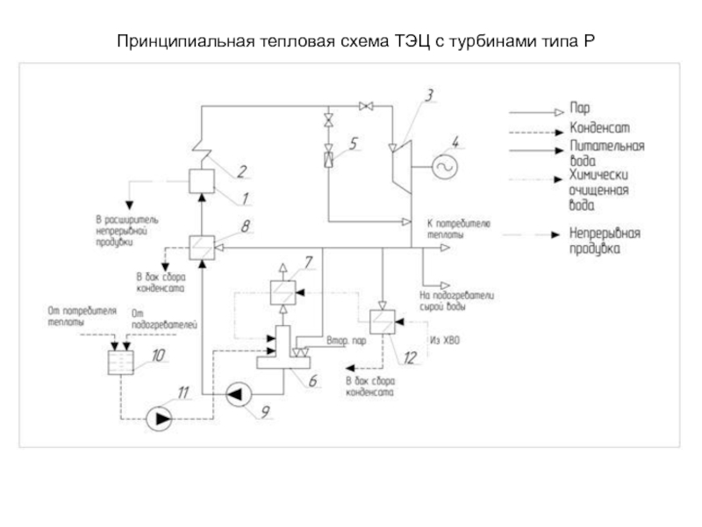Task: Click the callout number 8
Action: click(245, 226)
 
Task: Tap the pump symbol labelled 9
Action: click(237, 396)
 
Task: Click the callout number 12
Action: click(410, 357)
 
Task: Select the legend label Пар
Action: click(580, 110)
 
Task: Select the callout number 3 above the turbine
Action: click(430, 94)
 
